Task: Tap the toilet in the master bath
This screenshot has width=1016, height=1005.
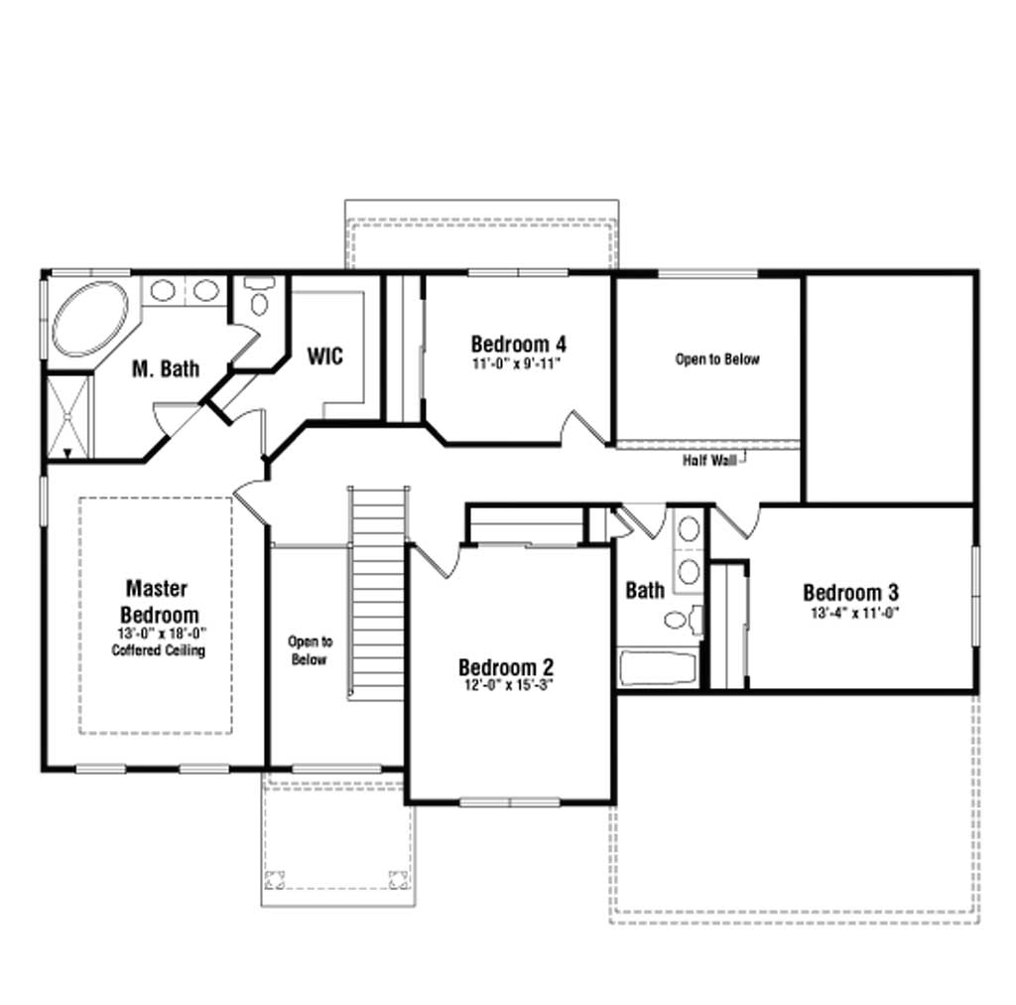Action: (259, 297)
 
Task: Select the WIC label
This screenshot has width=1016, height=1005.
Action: (324, 356)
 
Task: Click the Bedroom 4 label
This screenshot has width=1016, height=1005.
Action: (518, 344)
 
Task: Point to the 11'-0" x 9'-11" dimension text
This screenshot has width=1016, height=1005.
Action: (516, 363)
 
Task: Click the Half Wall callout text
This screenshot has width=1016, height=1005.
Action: (709, 461)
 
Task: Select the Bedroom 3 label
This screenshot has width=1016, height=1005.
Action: (850, 592)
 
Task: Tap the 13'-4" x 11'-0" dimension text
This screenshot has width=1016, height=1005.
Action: (854, 613)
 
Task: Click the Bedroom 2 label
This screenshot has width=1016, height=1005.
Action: (506, 667)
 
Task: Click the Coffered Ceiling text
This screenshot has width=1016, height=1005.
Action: (158, 650)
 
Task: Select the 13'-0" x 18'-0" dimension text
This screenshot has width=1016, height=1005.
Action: (158, 634)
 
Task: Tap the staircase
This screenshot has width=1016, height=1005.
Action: (378, 593)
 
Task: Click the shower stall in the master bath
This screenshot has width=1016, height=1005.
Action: (67, 417)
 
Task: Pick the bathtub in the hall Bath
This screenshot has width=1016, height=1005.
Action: (658, 668)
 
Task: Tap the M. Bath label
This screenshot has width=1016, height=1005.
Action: (166, 369)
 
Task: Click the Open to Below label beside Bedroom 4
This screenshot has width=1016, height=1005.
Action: (717, 359)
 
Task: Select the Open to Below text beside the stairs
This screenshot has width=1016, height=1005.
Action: (310, 650)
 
